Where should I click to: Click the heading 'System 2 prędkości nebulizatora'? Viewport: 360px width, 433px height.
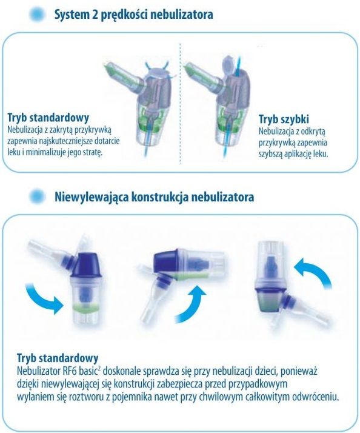[x=133, y=15]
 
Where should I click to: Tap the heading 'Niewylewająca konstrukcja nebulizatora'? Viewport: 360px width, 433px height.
[x=154, y=197]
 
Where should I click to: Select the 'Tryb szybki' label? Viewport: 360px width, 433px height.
[x=284, y=119]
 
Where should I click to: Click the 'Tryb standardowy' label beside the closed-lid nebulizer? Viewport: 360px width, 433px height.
[x=48, y=118]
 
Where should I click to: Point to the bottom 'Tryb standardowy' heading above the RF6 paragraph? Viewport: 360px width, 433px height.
[x=58, y=358]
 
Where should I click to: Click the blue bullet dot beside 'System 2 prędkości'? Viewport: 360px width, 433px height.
[x=37, y=14]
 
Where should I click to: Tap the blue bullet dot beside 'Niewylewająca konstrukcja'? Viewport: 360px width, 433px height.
[x=37, y=196]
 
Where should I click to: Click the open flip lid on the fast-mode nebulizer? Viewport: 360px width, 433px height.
[x=229, y=65]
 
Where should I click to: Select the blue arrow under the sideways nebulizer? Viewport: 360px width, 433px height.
[x=191, y=304]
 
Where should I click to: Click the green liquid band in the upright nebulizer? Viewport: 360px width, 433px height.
[x=86, y=307]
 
